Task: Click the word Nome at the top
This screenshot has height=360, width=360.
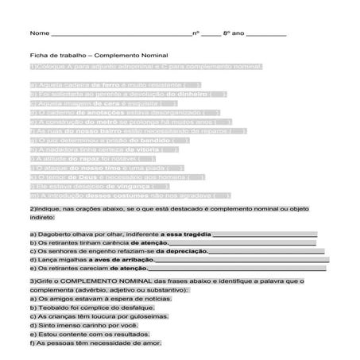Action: point(37,35)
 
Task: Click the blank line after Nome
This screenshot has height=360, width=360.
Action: point(119,37)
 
